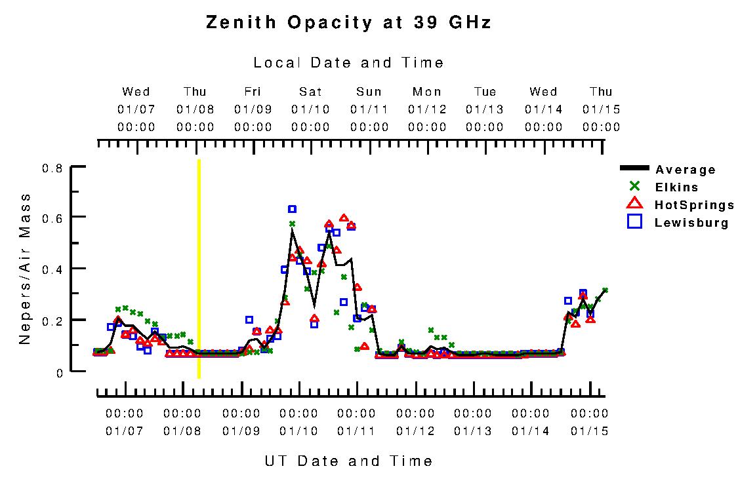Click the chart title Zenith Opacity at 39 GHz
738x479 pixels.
[348, 23]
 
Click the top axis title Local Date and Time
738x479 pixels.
[348, 63]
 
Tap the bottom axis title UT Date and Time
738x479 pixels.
[348, 461]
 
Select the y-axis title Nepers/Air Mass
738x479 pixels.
[25, 269]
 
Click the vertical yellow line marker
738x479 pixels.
[199, 269]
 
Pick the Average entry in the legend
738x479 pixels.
[685, 170]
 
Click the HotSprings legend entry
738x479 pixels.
[694, 205]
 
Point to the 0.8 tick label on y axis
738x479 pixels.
[52, 168]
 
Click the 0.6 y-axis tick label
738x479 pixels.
[52, 217]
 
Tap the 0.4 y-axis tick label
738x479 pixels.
[52, 269]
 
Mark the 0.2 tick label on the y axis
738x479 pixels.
[52, 320]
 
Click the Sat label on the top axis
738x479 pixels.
[310, 92]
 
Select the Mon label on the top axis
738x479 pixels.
[427, 92]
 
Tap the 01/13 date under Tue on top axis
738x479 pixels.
[485, 109]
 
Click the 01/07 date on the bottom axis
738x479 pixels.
[124, 431]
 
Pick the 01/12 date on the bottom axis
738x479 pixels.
[415, 431]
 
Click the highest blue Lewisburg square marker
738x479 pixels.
[292, 209]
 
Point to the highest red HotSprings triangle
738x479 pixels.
[344, 218]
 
